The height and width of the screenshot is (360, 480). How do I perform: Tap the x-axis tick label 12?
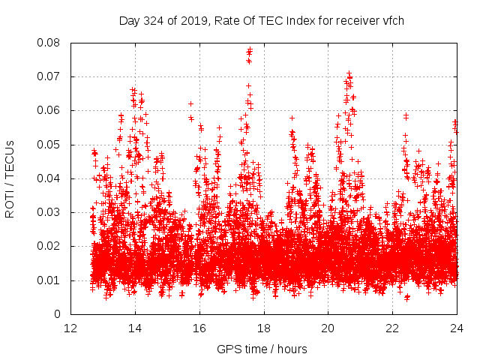coord(70,328)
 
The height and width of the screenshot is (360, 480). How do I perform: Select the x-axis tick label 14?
coord(135,328)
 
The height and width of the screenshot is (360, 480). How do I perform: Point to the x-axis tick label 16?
coord(199,328)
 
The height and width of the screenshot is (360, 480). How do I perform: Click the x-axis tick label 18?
coord(264,328)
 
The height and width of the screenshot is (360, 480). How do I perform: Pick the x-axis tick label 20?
coord(328,328)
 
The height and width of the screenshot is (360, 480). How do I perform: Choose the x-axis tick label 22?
coord(392,328)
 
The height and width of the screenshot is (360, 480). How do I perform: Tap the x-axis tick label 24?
coord(457,328)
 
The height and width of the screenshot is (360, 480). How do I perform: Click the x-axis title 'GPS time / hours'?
coord(262,349)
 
